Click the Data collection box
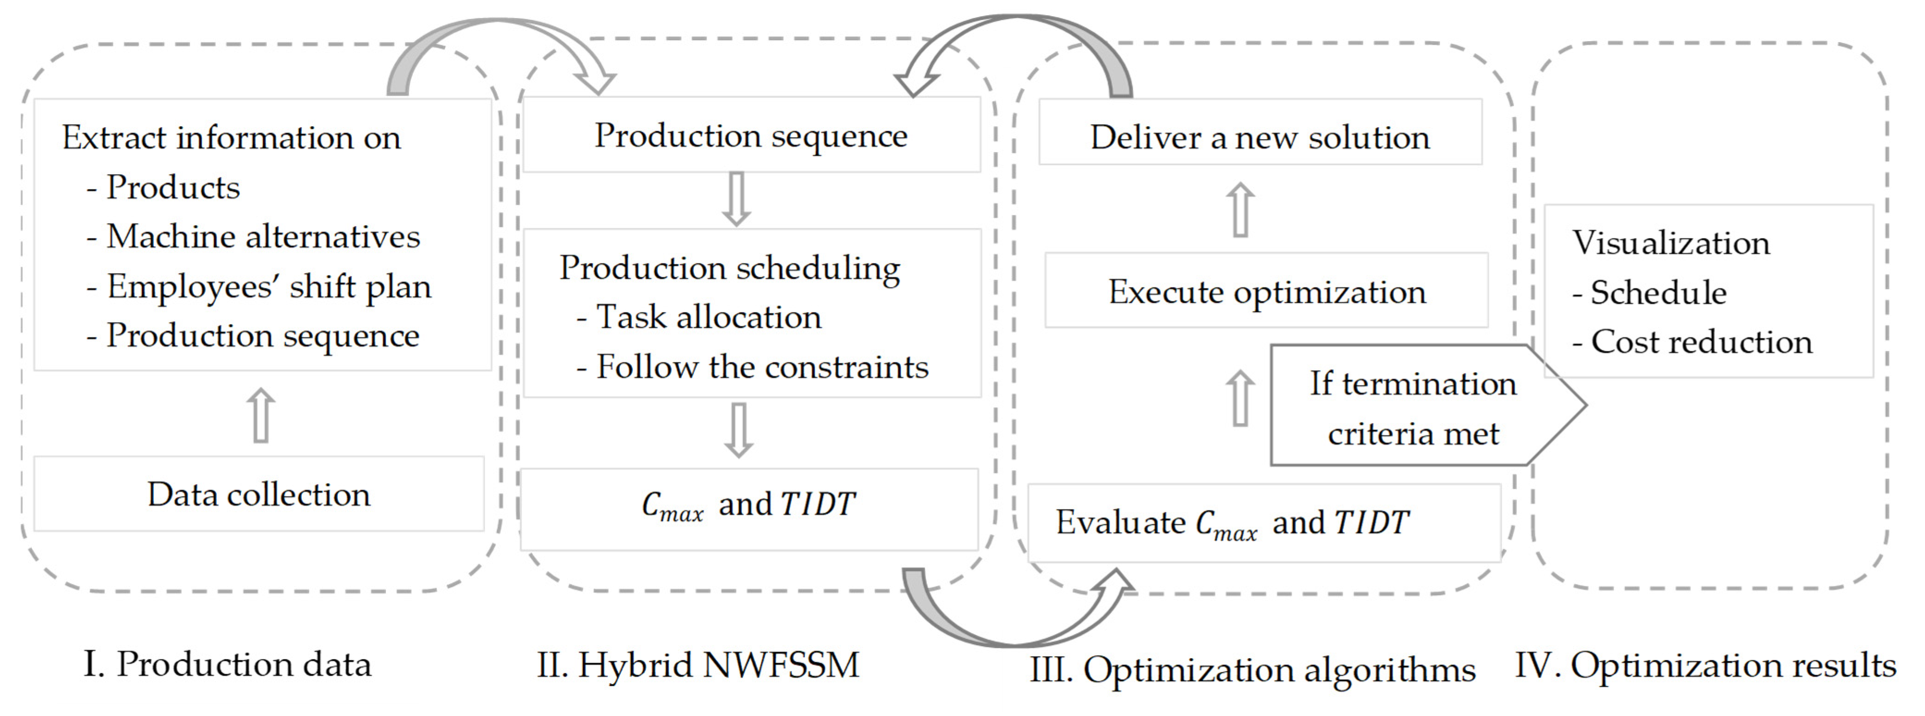(258, 494)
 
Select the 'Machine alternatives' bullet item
(254, 237)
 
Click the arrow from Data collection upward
(261, 415)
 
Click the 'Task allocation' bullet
(699, 317)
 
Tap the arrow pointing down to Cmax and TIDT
(738, 430)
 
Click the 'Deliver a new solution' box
(1260, 138)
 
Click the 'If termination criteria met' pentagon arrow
(1412, 407)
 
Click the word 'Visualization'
(1671, 243)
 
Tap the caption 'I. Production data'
(227, 664)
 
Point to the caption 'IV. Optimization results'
(1705, 664)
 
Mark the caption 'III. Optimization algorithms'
(1253, 669)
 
